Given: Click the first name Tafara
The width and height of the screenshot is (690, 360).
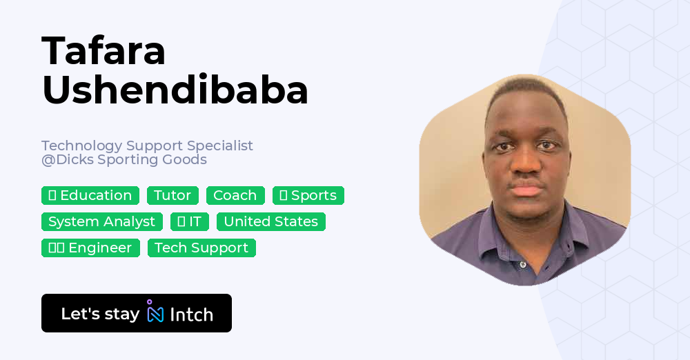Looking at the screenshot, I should click(103, 51).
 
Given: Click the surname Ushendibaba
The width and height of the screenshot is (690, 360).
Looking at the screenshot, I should click(175, 90).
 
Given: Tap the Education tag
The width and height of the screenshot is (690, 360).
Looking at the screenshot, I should click(90, 196).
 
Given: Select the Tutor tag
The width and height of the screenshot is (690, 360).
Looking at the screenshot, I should click(172, 196).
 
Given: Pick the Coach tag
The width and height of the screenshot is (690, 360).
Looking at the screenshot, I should click(235, 196).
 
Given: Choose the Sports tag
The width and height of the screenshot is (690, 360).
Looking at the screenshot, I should click(308, 196).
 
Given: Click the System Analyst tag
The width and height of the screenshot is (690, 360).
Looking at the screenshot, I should click(102, 222).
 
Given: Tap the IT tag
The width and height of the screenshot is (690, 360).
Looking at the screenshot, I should click(190, 222).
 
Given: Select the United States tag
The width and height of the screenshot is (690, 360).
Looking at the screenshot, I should click(271, 222).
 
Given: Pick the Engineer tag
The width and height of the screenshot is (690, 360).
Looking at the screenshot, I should click(90, 248).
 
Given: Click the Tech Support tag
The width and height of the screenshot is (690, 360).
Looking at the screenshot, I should click(201, 248).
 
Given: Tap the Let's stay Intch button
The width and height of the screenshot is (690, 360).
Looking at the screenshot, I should click(137, 313).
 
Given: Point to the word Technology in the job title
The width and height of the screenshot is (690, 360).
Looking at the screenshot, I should click(82, 146).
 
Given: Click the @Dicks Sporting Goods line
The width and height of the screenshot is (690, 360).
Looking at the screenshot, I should click(124, 160).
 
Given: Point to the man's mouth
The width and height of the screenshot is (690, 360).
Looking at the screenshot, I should click(526, 188).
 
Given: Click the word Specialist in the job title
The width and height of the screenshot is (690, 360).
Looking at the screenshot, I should click(220, 146).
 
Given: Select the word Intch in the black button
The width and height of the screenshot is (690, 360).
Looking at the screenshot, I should click(191, 314).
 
